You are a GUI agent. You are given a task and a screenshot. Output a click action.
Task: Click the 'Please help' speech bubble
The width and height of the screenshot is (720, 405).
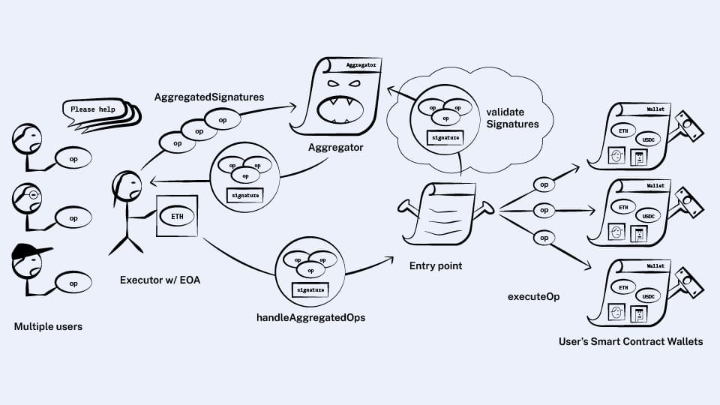pyautogui.click(x=93, y=109)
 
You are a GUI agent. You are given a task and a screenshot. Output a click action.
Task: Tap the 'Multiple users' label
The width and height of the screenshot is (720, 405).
pyautogui.click(x=48, y=327)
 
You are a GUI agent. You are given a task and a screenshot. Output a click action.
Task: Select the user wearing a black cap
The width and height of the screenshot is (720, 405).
pyautogui.click(x=28, y=259)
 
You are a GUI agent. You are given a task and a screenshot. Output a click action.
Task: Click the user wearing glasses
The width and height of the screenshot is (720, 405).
pyautogui.click(x=28, y=197)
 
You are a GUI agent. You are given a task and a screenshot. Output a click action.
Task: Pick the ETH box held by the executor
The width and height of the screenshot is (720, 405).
pyautogui.click(x=177, y=216)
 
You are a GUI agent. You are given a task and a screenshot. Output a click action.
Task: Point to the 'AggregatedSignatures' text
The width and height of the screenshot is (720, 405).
pyautogui.click(x=209, y=97)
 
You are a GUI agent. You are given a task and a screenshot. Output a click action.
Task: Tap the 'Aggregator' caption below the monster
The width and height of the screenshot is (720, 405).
pyautogui.click(x=335, y=148)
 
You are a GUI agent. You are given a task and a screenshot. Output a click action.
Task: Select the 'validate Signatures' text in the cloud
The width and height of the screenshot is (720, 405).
pyautogui.click(x=512, y=117)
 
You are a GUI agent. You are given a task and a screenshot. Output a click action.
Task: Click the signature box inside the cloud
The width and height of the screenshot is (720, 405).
pyautogui.click(x=443, y=137)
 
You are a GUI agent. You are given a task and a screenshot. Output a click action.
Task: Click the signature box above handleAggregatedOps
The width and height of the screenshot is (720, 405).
pyautogui.click(x=310, y=289)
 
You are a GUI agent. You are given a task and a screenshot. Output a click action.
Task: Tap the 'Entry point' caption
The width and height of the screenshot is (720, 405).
pyautogui.click(x=436, y=266)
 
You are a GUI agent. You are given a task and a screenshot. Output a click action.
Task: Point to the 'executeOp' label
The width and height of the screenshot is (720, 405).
pyautogui.click(x=533, y=296)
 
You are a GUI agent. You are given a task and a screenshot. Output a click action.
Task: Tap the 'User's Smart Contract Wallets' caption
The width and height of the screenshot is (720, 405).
pyautogui.click(x=631, y=341)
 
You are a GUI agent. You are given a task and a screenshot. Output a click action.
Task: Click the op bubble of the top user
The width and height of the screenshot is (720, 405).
pyautogui.click(x=73, y=157)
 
